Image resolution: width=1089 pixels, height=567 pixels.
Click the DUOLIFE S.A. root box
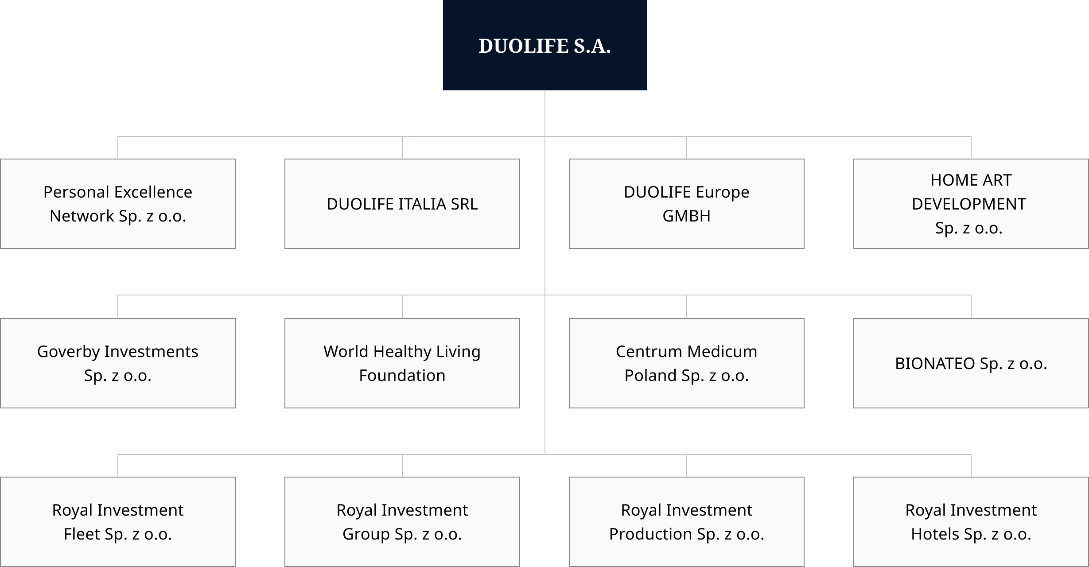544,45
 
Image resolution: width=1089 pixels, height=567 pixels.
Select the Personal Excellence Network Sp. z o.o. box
118,204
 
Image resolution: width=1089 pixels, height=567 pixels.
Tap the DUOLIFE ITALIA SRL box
402,204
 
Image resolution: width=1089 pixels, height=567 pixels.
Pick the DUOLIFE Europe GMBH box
686,204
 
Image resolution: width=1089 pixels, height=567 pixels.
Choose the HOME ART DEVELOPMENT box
971,204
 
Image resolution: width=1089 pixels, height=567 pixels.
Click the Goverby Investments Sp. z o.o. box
118,363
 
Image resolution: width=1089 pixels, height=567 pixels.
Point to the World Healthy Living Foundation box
402,363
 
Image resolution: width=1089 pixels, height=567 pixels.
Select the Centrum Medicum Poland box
686,363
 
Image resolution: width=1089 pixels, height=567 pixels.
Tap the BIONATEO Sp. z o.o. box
971,363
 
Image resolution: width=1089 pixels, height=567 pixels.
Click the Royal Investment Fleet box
118,522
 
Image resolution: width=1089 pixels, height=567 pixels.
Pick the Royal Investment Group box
402,522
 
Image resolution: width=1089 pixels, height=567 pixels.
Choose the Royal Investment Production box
686,522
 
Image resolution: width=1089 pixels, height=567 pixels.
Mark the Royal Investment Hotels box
971,522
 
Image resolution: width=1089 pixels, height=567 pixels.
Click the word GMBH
686,216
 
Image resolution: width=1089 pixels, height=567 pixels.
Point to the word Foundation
402,376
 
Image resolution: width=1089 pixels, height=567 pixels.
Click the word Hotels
935,534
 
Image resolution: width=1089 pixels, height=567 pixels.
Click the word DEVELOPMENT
969,204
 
